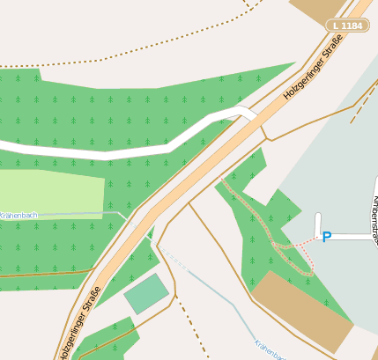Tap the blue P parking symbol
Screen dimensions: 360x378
(x=326, y=237)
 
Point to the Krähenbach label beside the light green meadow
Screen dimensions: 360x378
(x=18, y=215)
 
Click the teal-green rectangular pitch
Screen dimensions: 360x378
(x=145, y=294)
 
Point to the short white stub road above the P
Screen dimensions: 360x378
(x=317, y=224)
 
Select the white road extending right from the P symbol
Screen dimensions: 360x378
(x=352, y=236)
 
